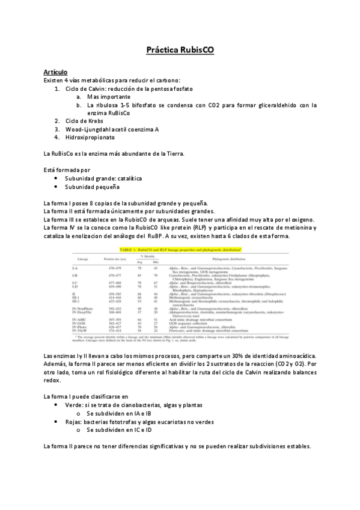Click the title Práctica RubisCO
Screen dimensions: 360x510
pyautogui.click(x=180, y=52)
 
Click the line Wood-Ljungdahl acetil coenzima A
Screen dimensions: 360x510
pyautogui.click(x=107, y=128)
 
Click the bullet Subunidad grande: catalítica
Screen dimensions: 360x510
pyautogui.click(x=103, y=179)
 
